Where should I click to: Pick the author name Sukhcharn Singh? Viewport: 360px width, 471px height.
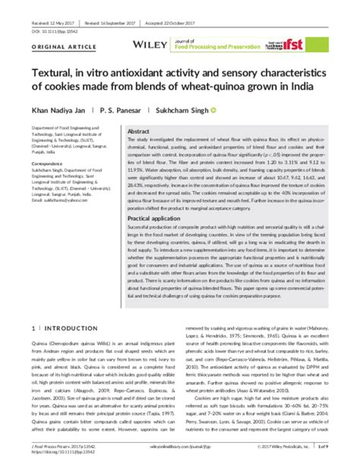pos(184,109)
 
